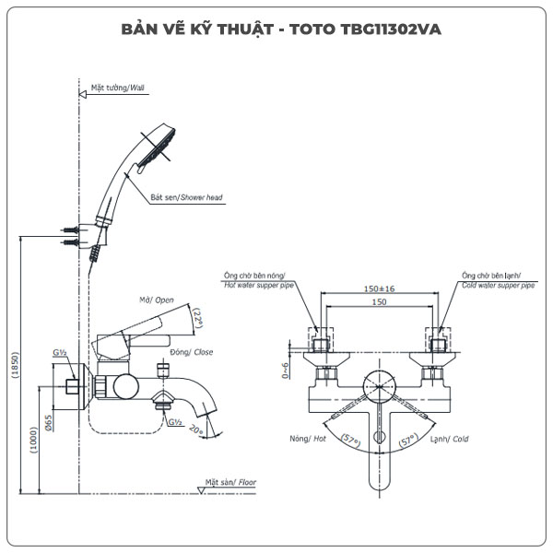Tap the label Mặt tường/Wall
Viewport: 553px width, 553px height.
(x=118, y=88)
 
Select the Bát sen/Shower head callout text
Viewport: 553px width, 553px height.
(x=187, y=197)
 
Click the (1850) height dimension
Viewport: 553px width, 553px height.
(x=13, y=364)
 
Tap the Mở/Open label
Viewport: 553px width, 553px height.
(x=157, y=300)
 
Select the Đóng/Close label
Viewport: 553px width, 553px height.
(x=192, y=352)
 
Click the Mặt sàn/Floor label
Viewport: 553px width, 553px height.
(x=232, y=482)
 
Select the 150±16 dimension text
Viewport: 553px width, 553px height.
(x=379, y=288)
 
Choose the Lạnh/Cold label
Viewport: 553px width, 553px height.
(x=448, y=440)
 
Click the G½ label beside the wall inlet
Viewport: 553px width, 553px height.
(x=59, y=353)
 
